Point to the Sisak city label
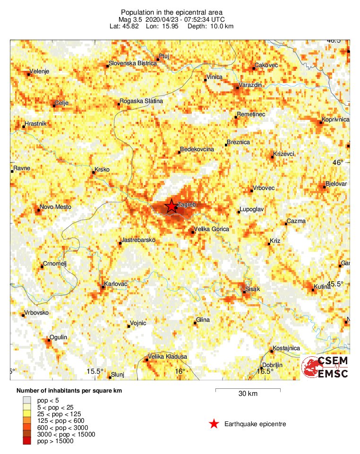click(x=253, y=289)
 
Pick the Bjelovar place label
click(x=337, y=183)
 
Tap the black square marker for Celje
click(x=54, y=105)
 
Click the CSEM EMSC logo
click(x=325, y=367)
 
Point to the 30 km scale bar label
click(x=248, y=394)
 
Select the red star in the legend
click(x=214, y=424)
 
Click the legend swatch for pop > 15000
click(x=26, y=441)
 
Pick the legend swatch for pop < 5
click(x=26, y=400)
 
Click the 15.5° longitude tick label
click(x=95, y=371)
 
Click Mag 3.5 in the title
click(x=131, y=19)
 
